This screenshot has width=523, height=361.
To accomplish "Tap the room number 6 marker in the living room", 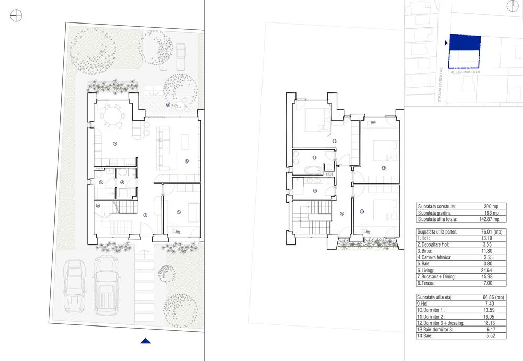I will point(187,161).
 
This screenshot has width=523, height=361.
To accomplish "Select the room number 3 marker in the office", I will point(179,212).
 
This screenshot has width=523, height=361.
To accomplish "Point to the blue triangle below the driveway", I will point(146,341).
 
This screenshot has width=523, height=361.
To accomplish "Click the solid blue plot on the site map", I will point(464,43).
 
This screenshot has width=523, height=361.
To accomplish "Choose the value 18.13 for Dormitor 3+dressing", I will point(487,323).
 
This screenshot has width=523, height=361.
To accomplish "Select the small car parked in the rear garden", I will point(181,56).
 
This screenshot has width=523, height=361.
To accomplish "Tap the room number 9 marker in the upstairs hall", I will point(342,213).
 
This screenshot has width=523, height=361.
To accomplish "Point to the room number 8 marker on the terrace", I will point(168,105).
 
